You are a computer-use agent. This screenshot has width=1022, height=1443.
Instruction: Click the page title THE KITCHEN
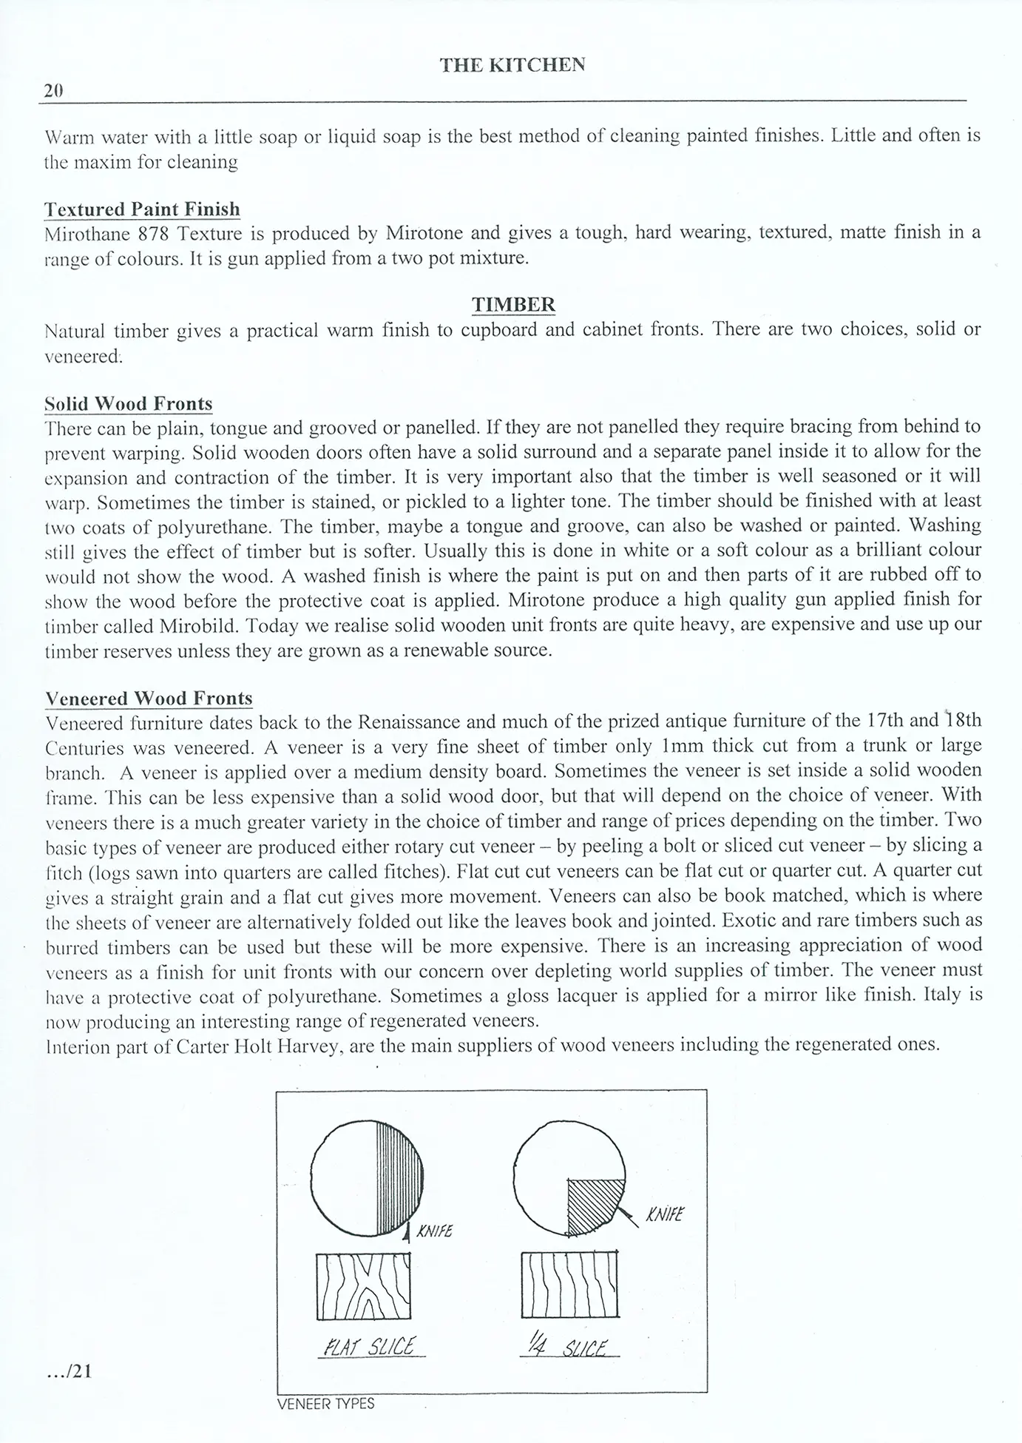(x=512, y=65)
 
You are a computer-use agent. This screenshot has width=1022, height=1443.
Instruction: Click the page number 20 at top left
(x=53, y=91)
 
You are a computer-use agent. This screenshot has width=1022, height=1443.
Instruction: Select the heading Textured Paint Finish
(x=142, y=209)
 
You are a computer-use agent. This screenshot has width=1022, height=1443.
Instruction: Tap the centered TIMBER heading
(x=513, y=305)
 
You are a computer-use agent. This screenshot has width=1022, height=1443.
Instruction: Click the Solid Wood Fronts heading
(x=129, y=404)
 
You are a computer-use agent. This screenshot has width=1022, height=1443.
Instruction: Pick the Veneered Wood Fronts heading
(x=149, y=699)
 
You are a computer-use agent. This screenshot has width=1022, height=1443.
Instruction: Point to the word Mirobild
(x=200, y=625)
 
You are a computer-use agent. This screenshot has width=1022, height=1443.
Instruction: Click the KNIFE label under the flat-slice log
(x=435, y=1232)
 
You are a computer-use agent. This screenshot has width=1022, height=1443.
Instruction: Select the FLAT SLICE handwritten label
(x=371, y=1346)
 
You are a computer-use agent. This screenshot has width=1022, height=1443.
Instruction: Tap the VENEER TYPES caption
(x=325, y=1404)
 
